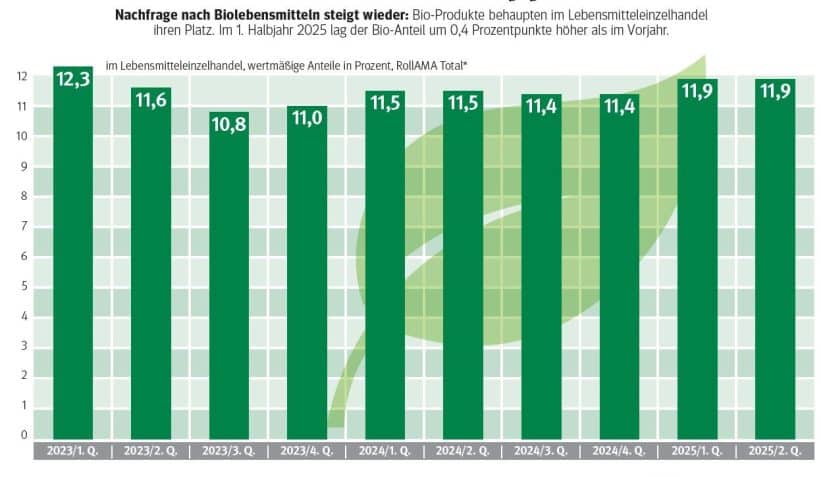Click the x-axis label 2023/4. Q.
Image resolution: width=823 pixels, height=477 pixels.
click(x=307, y=451)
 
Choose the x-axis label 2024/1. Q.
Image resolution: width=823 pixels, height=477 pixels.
click(x=385, y=451)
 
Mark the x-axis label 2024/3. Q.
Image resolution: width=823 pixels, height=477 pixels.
click(x=541, y=451)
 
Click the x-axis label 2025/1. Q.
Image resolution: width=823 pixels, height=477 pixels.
click(x=697, y=451)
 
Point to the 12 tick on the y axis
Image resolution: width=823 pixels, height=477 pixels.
click(x=21, y=76)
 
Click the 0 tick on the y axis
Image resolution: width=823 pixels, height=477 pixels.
click(x=21, y=436)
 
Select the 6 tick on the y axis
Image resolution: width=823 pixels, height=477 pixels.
click(x=21, y=256)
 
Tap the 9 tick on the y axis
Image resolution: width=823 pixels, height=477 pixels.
click(x=21, y=166)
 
